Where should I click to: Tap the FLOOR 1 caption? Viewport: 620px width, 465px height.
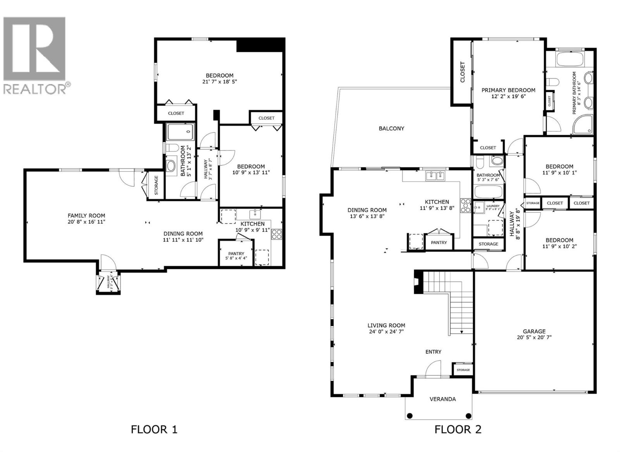tap(154, 429)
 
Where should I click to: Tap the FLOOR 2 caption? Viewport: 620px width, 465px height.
tap(458, 429)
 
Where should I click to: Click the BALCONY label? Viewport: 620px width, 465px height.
tap(391, 128)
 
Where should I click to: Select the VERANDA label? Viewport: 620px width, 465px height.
tap(443, 399)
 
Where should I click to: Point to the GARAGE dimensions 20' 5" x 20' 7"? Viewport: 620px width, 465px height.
tap(534, 338)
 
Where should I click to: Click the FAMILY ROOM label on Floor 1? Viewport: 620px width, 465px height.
tap(86, 215)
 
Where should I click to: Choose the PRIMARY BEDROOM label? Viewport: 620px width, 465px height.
tap(508, 90)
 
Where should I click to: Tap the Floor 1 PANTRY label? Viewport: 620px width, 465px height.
tap(236, 254)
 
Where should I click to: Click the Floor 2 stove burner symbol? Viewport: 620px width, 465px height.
tap(465, 205)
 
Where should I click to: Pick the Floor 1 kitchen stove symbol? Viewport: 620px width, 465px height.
tap(277, 234)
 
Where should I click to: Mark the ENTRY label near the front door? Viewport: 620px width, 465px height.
tap(433, 352)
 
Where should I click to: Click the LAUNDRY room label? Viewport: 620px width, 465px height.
tap(493, 206)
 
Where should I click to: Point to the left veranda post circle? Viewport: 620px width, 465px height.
tap(410, 416)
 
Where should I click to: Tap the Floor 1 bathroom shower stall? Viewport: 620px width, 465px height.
tap(180, 132)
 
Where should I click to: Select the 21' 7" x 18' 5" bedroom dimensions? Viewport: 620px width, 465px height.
tap(219, 82)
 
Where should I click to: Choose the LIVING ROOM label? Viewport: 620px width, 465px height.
tap(386, 325)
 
